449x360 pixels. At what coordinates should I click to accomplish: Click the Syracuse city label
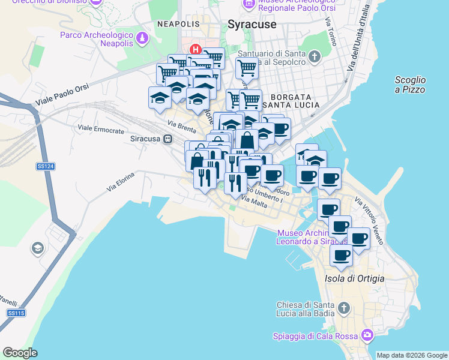(252, 25)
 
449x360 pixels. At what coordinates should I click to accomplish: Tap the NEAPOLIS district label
(178, 23)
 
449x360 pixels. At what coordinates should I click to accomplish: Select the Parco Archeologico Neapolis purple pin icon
(142, 40)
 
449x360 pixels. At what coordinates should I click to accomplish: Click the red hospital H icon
(194, 49)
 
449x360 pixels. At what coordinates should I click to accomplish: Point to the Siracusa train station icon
(168, 139)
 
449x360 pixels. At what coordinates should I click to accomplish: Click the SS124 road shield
(42, 166)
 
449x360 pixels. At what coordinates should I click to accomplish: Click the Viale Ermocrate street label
(101, 129)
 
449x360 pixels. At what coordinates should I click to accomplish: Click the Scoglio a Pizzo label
(411, 85)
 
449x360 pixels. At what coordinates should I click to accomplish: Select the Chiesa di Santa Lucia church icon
(343, 308)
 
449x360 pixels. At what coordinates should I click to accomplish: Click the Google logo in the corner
(20, 353)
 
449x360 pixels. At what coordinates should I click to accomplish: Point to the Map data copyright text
(412, 355)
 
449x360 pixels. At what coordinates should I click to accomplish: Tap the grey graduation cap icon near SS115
(38, 248)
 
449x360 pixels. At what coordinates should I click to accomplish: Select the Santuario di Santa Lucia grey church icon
(315, 57)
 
